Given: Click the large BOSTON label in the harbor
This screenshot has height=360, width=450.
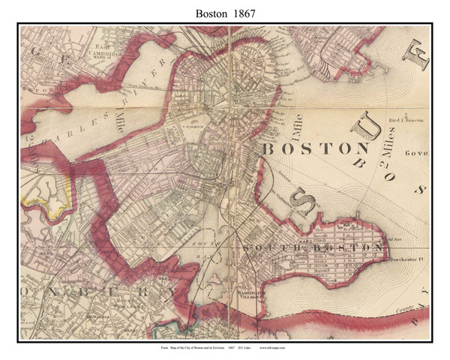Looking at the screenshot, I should click(x=315, y=148).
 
